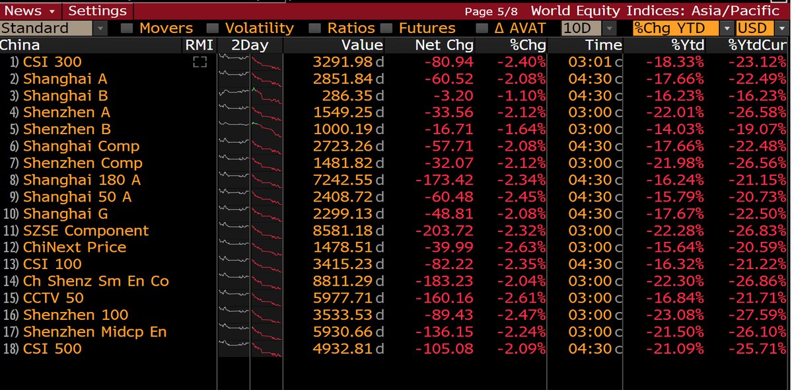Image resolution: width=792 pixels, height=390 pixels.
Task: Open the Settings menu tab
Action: [x=98, y=11]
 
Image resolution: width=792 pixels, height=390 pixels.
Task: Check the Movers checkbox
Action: [x=127, y=28]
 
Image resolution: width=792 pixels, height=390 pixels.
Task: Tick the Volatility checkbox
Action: [x=213, y=28]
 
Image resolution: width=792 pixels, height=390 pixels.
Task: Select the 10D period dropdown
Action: [x=588, y=28]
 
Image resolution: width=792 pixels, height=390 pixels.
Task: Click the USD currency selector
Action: [x=762, y=28]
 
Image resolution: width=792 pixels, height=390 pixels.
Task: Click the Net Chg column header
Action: [x=444, y=45]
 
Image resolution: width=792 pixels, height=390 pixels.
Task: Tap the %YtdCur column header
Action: [x=758, y=45]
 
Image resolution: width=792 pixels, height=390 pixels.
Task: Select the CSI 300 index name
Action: [x=52, y=62]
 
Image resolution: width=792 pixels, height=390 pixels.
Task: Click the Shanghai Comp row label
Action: [x=81, y=146]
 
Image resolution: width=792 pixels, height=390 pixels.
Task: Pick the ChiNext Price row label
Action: [x=75, y=247]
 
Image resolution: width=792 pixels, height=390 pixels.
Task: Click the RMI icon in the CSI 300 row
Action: [x=199, y=62]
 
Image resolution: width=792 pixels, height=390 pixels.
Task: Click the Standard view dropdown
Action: [x=54, y=28]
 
